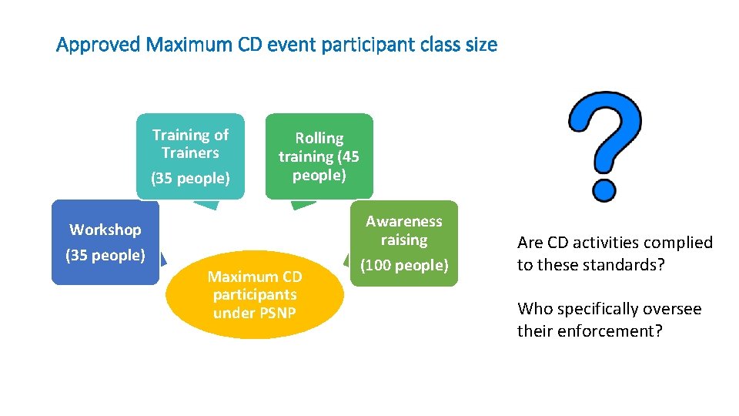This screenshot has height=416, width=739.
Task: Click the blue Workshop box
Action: pos(105,242)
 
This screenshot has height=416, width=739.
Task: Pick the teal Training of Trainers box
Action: pos(190,156)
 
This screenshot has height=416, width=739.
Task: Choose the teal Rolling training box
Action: pos(319,156)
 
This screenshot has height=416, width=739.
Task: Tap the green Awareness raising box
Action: pos(404,243)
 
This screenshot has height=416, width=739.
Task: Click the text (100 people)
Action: pos(404,266)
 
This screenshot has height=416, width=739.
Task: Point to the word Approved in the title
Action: pos(99,45)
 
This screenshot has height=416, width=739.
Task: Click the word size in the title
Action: pos(481,45)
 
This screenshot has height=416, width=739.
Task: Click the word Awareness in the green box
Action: pos(404,222)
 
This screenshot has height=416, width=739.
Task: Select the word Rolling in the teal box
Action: pos(319,138)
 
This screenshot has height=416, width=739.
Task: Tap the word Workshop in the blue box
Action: pos(105,230)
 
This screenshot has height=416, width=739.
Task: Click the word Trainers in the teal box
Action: pos(190,153)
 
